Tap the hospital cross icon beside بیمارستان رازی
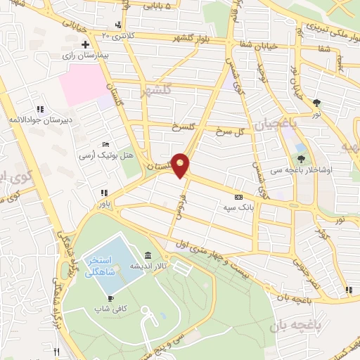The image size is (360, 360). (85, 44)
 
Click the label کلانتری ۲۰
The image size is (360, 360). (116, 34)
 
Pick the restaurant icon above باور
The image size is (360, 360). (104, 193)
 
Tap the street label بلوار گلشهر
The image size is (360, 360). (201, 34)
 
